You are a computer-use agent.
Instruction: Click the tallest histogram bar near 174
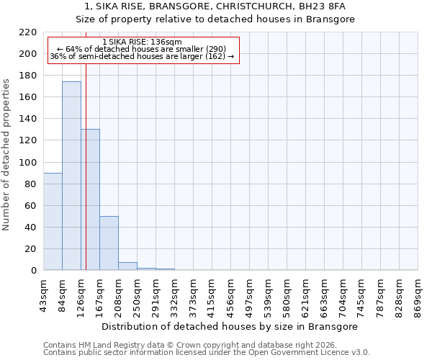coord(71,176)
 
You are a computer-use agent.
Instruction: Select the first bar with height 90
coord(53,221)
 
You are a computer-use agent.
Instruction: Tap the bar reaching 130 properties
coord(90,199)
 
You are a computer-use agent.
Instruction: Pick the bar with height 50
coord(109,243)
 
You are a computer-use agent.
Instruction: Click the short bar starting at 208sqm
coord(127,266)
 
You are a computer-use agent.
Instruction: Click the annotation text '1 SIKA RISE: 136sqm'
coord(143,42)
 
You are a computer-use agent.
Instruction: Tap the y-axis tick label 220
coord(29,32)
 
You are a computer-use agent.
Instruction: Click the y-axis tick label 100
coord(29,163)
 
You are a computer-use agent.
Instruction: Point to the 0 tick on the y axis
coord(34,271)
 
